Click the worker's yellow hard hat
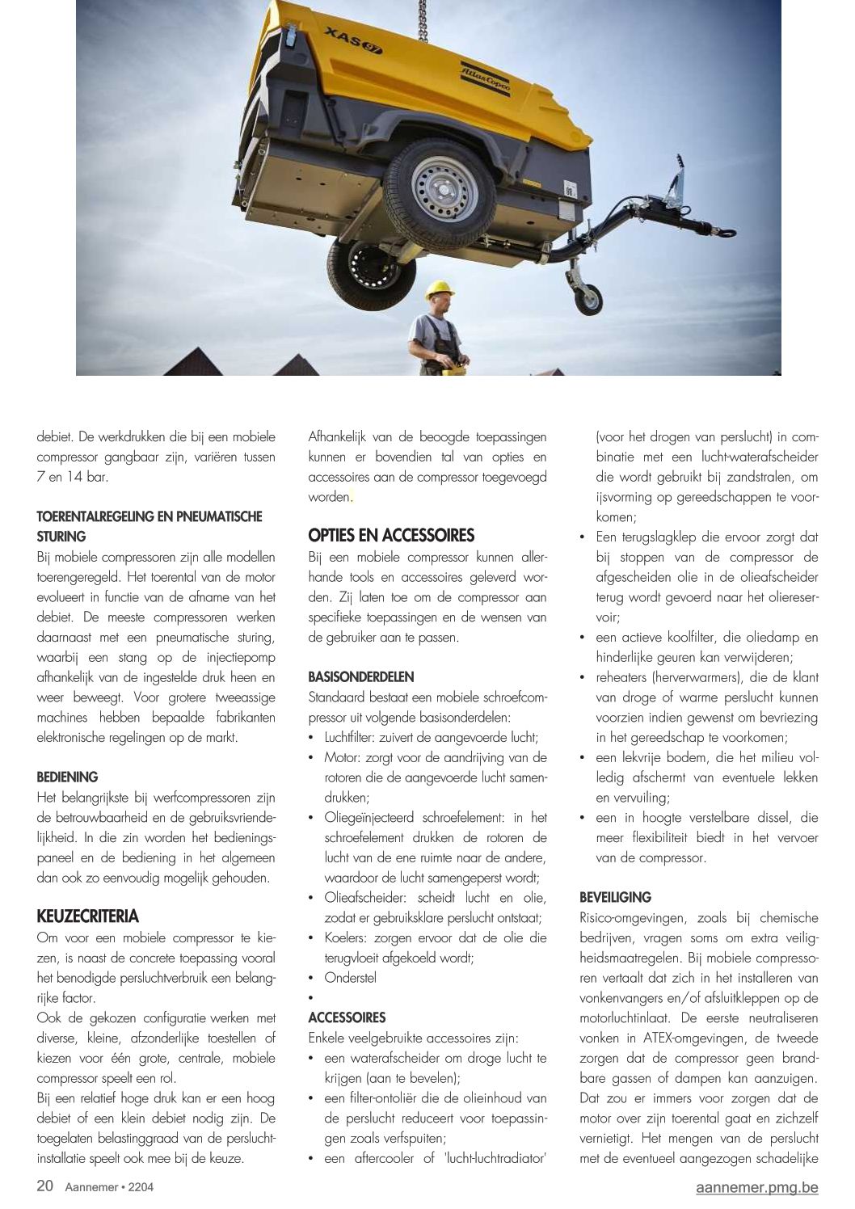[441, 289]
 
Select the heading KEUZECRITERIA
[88, 916]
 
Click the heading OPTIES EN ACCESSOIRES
[391, 535]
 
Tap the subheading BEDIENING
[67, 777]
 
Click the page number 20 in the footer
[45, 1186]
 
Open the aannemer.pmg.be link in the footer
[756, 1187]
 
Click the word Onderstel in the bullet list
[350, 977]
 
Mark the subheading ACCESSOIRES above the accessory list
[347, 1017]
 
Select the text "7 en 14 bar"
[72, 477]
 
